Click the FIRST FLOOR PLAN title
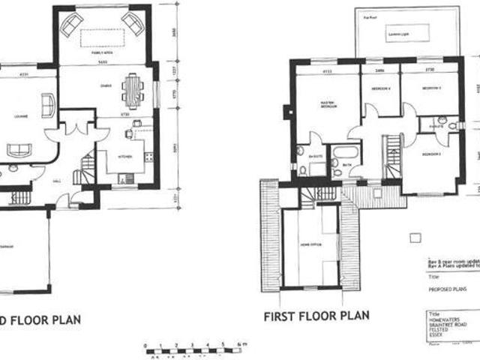tap(316, 316)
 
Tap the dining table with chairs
tap(133, 90)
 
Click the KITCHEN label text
tap(125, 156)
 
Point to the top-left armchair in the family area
tap(70, 26)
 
